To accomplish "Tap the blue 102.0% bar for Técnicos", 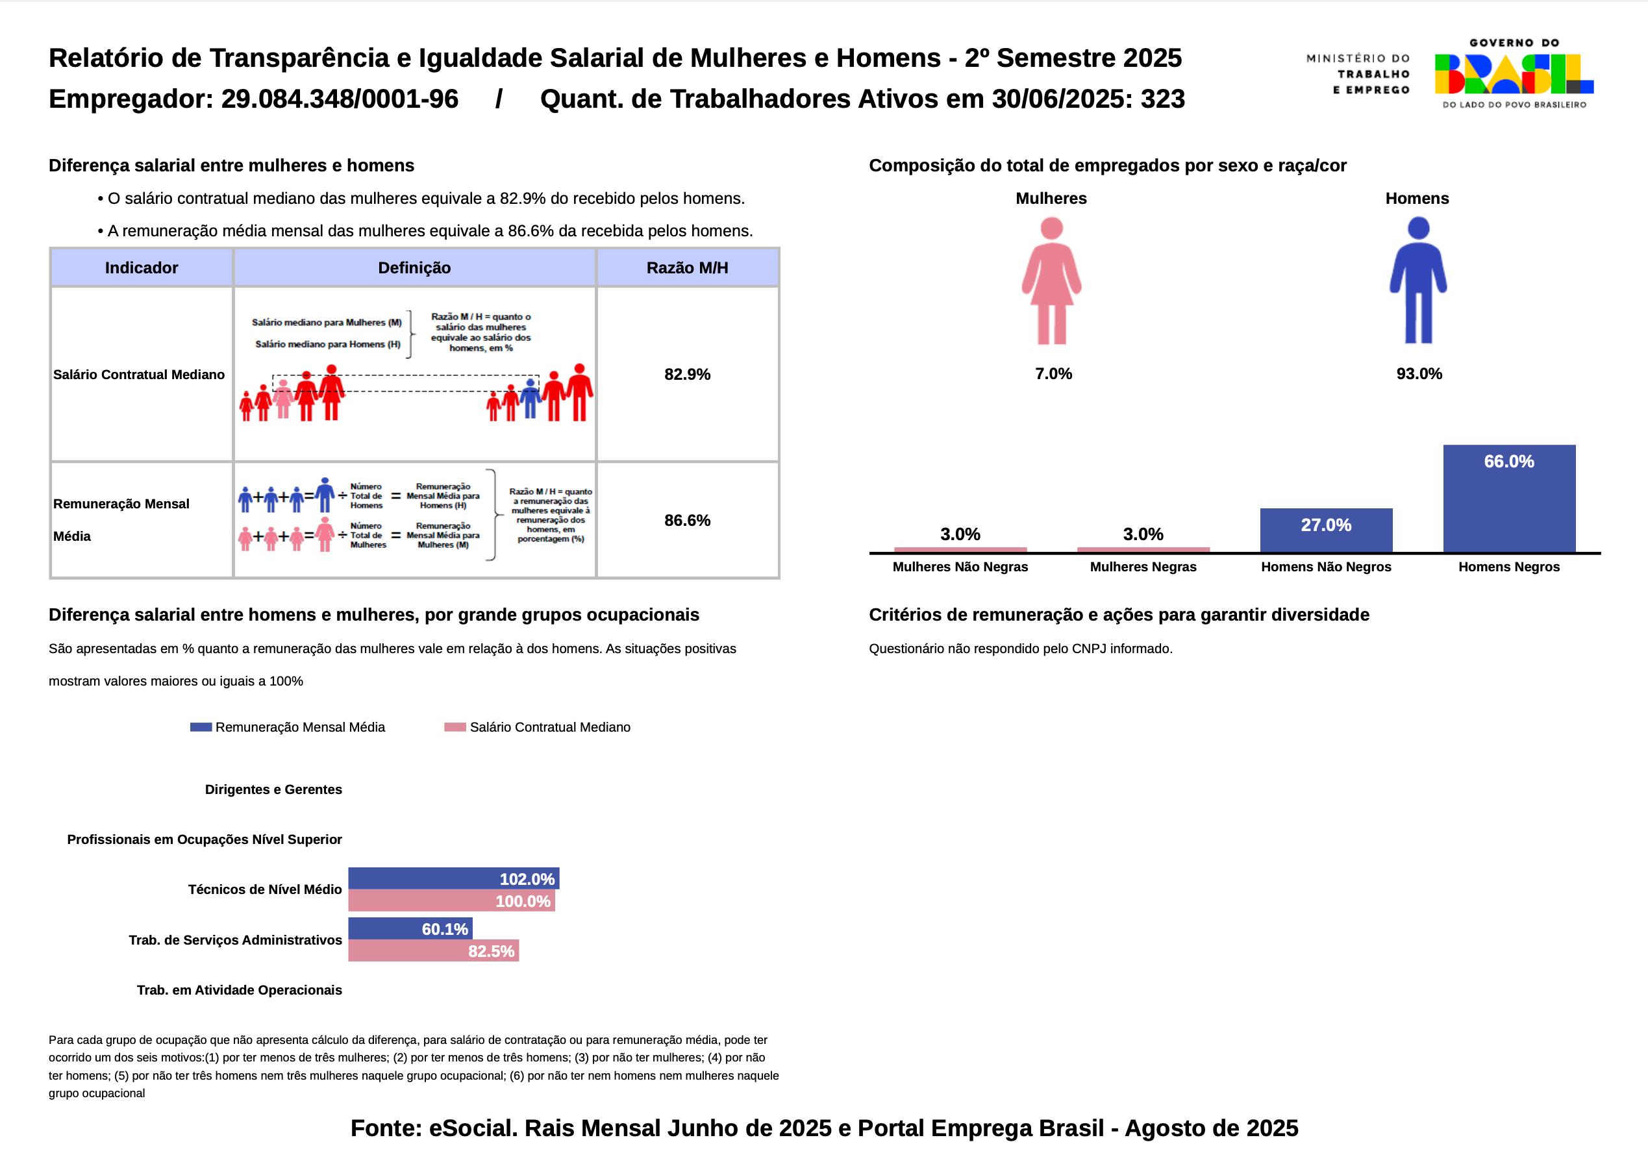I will (x=453, y=878).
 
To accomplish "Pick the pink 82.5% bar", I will (x=433, y=950).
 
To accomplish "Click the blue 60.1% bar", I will (x=410, y=928).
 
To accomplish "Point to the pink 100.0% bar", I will (x=451, y=900).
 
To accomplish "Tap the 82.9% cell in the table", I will (x=687, y=374).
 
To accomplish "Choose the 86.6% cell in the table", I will (x=687, y=520).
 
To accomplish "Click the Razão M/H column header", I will (x=687, y=268).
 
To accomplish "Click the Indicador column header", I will (x=142, y=268).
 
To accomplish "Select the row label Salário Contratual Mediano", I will (x=138, y=374).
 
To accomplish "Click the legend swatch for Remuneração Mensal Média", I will (x=201, y=727).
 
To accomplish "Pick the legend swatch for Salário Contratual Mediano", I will (x=455, y=727).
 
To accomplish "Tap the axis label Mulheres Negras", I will (x=1143, y=567).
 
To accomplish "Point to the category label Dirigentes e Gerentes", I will (x=273, y=789).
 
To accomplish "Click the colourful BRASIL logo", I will (x=1514, y=75).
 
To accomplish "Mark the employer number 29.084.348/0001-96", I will (x=340, y=99).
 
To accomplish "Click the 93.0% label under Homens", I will (x=1419, y=373).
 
